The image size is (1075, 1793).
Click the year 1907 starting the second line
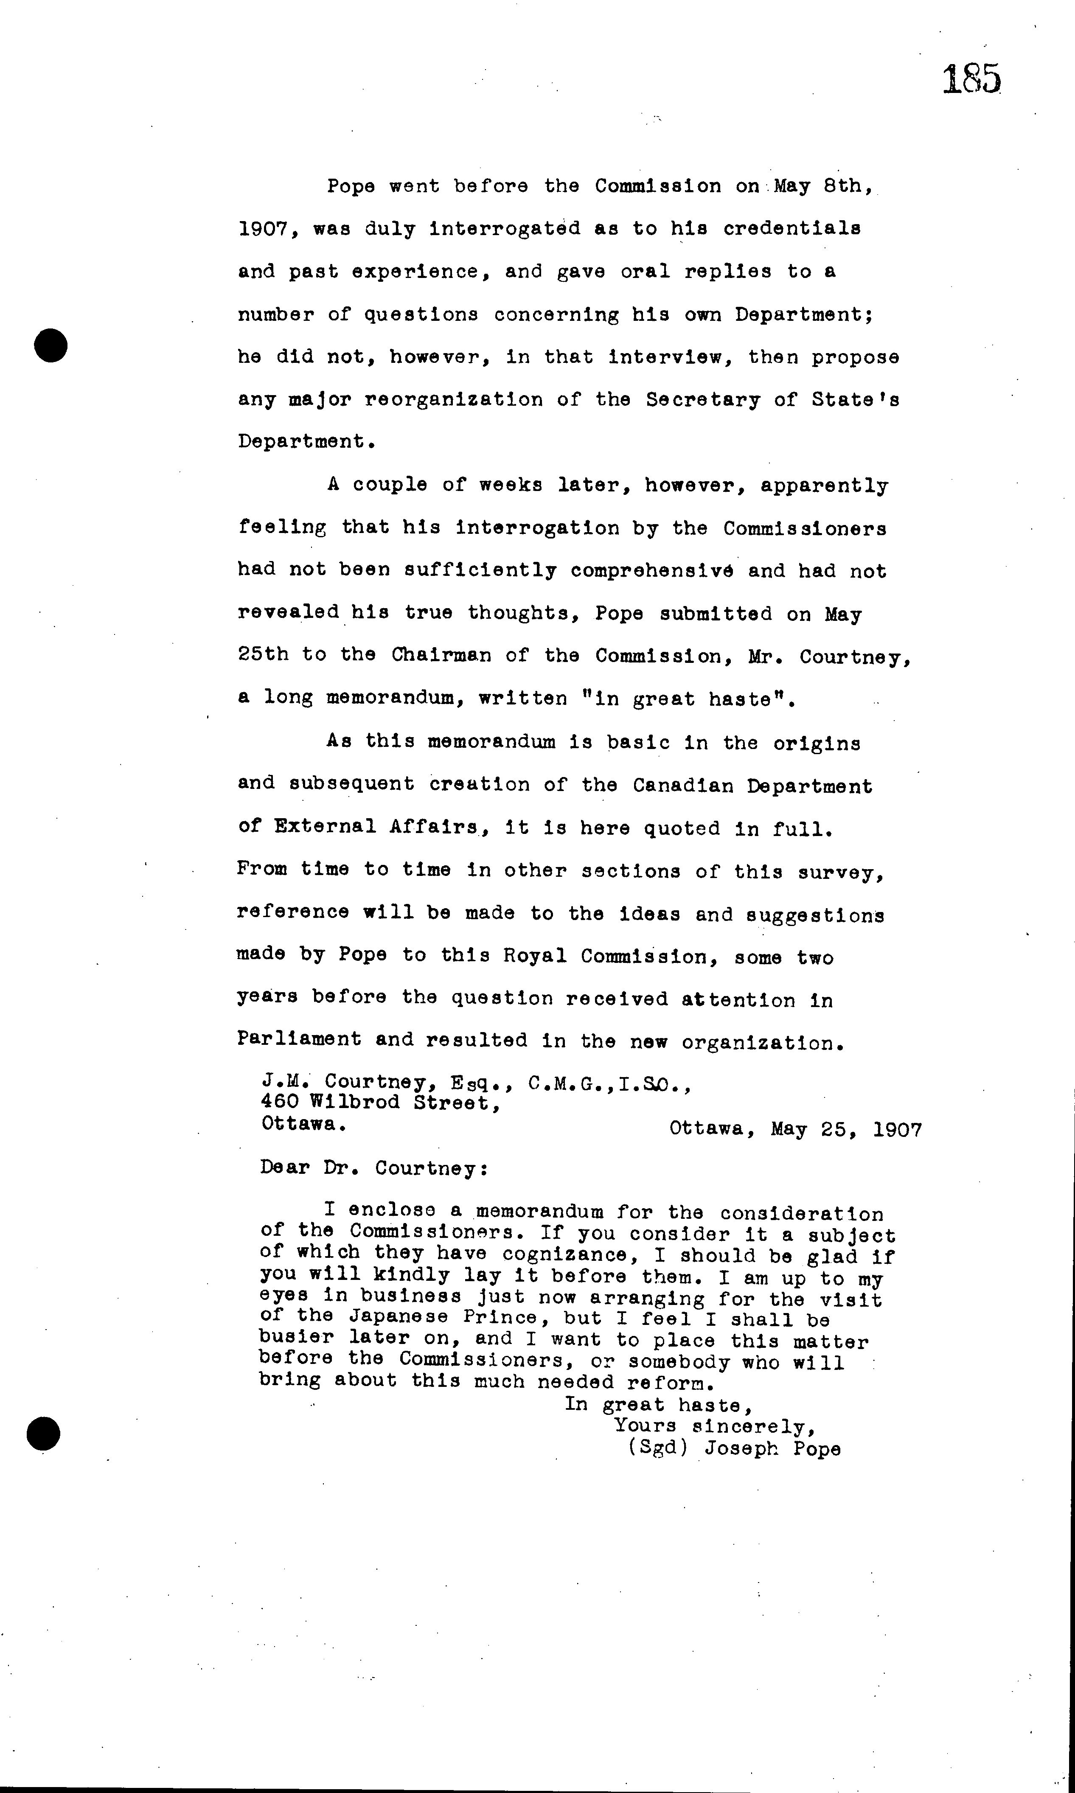pyautogui.click(x=264, y=229)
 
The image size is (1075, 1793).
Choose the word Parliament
pyautogui.click(x=298, y=1040)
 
